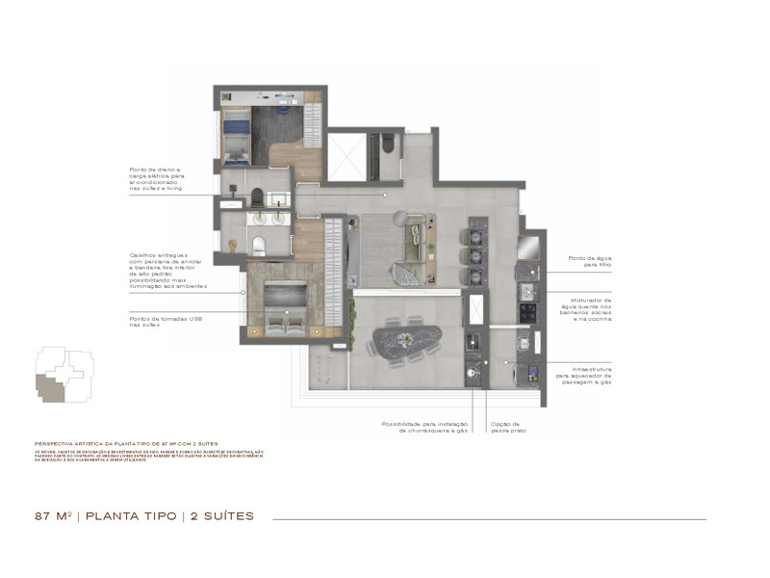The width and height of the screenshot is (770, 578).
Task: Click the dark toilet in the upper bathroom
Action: point(388,145)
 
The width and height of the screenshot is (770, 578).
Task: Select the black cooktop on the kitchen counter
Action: point(527,312)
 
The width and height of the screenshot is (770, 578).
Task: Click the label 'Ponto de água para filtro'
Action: point(590,262)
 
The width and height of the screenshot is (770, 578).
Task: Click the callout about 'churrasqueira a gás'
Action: point(424,428)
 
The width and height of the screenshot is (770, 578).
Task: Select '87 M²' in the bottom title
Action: point(55,516)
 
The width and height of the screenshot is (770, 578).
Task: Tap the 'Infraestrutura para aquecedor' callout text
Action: point(590,375)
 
